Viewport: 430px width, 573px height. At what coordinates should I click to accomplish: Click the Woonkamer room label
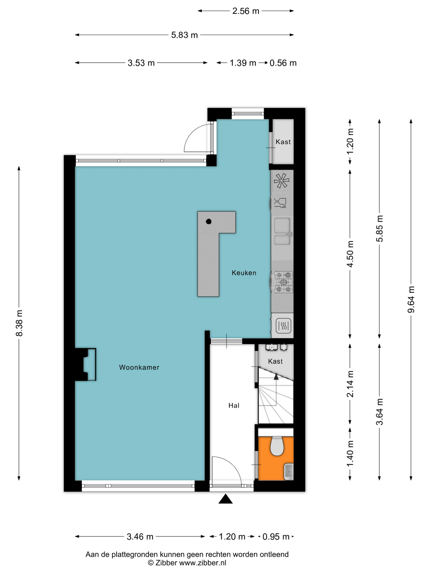139,367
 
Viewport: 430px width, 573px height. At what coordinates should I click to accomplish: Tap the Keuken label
244,273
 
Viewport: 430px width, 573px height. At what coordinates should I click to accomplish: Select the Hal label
234,405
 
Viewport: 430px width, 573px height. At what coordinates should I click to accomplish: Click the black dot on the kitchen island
209,222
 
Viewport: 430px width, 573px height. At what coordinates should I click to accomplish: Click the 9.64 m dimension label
411,299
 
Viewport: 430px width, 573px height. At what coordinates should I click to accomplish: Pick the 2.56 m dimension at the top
246,11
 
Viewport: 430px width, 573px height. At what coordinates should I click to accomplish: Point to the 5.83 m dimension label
184,35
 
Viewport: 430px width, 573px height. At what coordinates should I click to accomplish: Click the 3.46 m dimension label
140,537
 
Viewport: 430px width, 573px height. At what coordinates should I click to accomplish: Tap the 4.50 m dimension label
350,254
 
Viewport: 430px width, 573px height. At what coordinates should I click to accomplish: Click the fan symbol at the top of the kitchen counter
281,180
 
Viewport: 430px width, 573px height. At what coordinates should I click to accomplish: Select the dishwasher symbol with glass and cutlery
280,203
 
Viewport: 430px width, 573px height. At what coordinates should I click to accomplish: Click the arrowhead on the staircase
276,377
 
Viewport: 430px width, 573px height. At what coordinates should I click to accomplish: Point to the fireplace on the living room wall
86,364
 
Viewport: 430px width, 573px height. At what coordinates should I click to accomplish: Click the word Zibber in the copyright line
166,563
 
